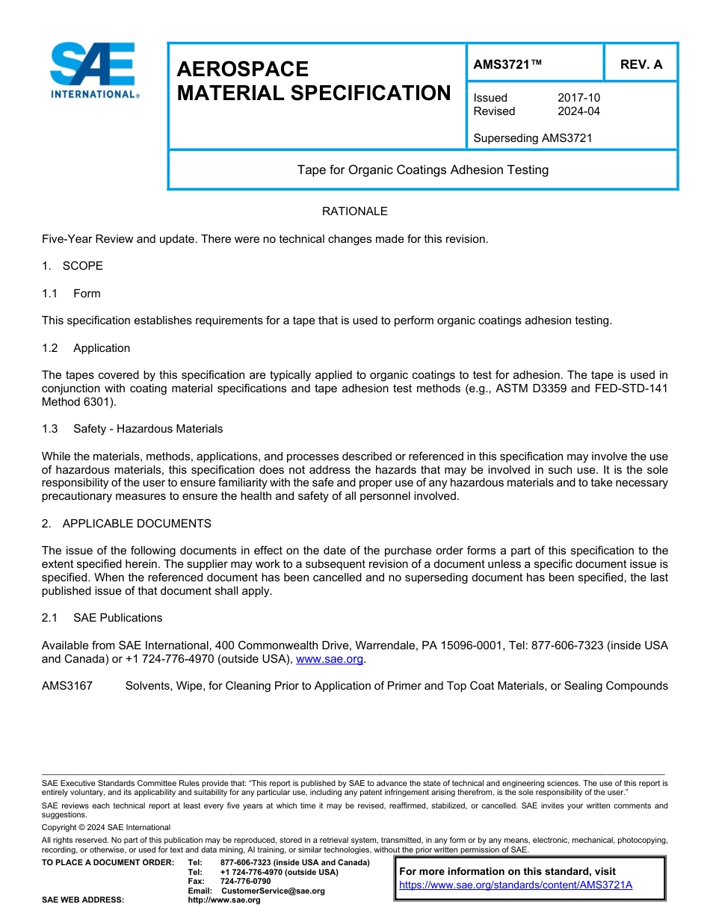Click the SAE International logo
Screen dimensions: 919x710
(x=93, y=71)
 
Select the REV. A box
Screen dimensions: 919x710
(x=640, y=64)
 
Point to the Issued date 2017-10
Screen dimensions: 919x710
(x=578, y=98)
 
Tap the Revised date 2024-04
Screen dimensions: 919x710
(x=578, y=111)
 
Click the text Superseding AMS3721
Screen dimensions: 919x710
(x=532, y=137)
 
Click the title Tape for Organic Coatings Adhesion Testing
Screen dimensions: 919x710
(x=422, y=170)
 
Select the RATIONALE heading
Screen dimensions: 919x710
(x=354, y=211)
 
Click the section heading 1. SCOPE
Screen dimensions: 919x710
(x=72, y=266)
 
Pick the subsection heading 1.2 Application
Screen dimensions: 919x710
(x=86, y=348)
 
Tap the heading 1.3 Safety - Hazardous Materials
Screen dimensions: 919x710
(x=132, y=429)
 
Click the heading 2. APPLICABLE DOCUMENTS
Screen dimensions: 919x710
(x=126, y=524)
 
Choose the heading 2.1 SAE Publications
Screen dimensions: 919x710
(x=102, y=618)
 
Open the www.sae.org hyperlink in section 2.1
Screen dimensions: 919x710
(x=330, y=659)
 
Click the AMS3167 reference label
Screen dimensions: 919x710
(x=67, y=686)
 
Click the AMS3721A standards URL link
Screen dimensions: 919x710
(x=516, y=885)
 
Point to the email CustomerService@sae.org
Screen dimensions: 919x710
(x=273, y=891)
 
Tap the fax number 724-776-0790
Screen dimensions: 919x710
(x=246, y=881)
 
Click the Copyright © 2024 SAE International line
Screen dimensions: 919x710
(x=106, y=827)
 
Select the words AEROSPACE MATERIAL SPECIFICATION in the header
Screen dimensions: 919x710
(x=314, y=81)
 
